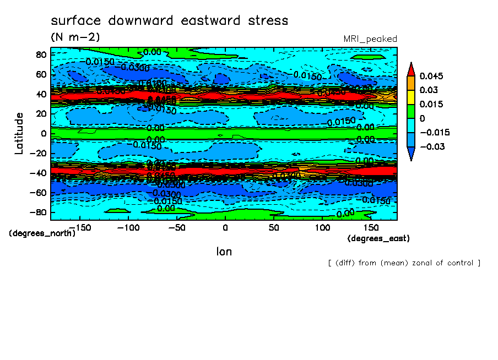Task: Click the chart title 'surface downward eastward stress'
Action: click(x=169, y=21)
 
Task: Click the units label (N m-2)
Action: click(x=75, y=37)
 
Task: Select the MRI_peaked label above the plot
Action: click(x=370, y=39)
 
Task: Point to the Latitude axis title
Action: click(x=19, y=133)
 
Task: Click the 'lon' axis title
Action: click(x=224, y=252)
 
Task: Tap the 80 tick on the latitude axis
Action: click(x=40, y=54)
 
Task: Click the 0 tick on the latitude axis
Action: click(x=44, y=133)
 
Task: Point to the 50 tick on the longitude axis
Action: click(x=274, y=227)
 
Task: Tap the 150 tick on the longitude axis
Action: click(x=371, y=227)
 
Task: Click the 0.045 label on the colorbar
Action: click(x=431, y=75)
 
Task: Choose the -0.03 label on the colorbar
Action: click(x=431, y=146)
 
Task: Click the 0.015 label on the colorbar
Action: click(x=431, y=104)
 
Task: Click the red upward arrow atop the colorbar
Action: click(x=411, y=68)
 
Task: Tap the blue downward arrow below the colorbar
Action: click(x=411, y=155)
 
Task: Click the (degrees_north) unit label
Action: click(x=42, y=233)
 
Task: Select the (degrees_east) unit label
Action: click(x=378, y=238)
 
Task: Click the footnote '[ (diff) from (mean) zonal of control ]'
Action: click(x=404, y=263)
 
